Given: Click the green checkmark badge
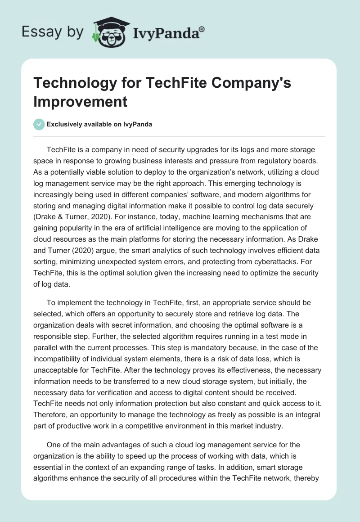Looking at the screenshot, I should (39, 124).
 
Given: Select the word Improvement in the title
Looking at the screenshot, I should (80, 101).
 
